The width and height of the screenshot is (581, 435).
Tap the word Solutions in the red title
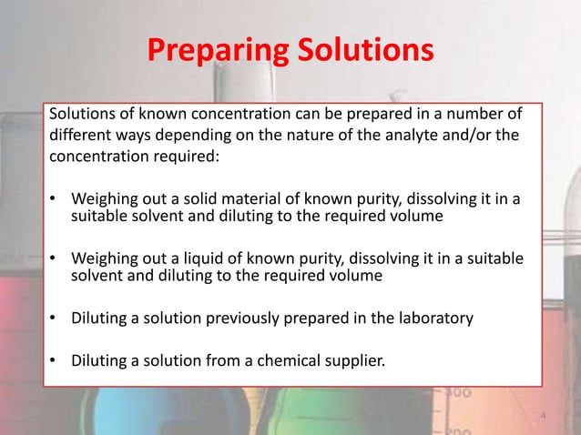[361, 51]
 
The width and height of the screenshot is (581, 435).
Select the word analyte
[418, 135]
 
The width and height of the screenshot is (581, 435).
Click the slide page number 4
[543, 417]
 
